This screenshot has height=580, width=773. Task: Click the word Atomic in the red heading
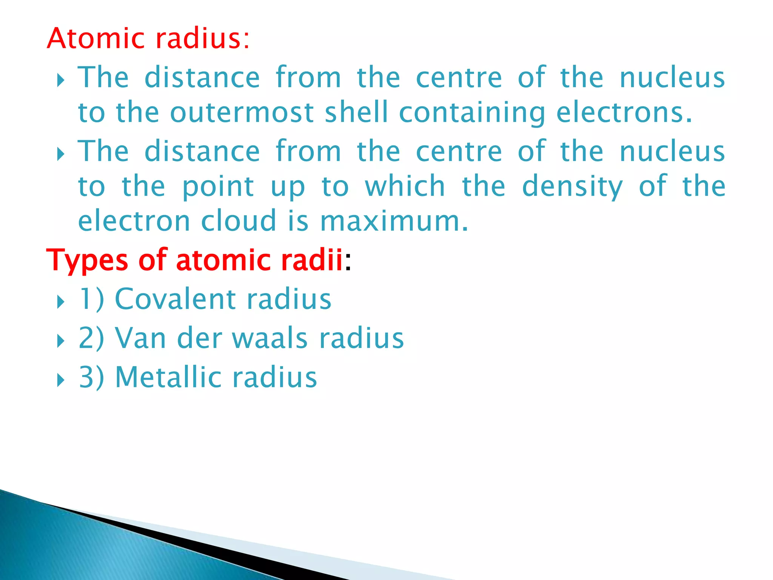click(x=96, y=39)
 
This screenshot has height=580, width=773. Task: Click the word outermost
click(x=242, y=113)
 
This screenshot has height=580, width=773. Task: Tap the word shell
click(x=356, y=113)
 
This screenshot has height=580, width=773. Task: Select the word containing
click(x=472, y=113)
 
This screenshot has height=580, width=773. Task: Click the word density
click(x=572, y=187)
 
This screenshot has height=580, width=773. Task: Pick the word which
click(x=405, y=186)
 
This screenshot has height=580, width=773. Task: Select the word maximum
click(x=394, y=222)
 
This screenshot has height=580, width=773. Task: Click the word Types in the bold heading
click(x=87, y=261)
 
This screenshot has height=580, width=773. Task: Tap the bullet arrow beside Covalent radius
click(x=61, y=302)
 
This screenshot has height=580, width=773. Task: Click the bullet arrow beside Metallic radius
click(x=61, y=380)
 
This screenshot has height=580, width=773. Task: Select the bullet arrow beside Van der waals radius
click(x=61, y=341)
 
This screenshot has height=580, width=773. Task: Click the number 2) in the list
click(x=91, y=338)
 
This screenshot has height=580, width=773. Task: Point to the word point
click(x=218, y=187)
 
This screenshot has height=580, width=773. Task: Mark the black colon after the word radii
click(x=348, y=261)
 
